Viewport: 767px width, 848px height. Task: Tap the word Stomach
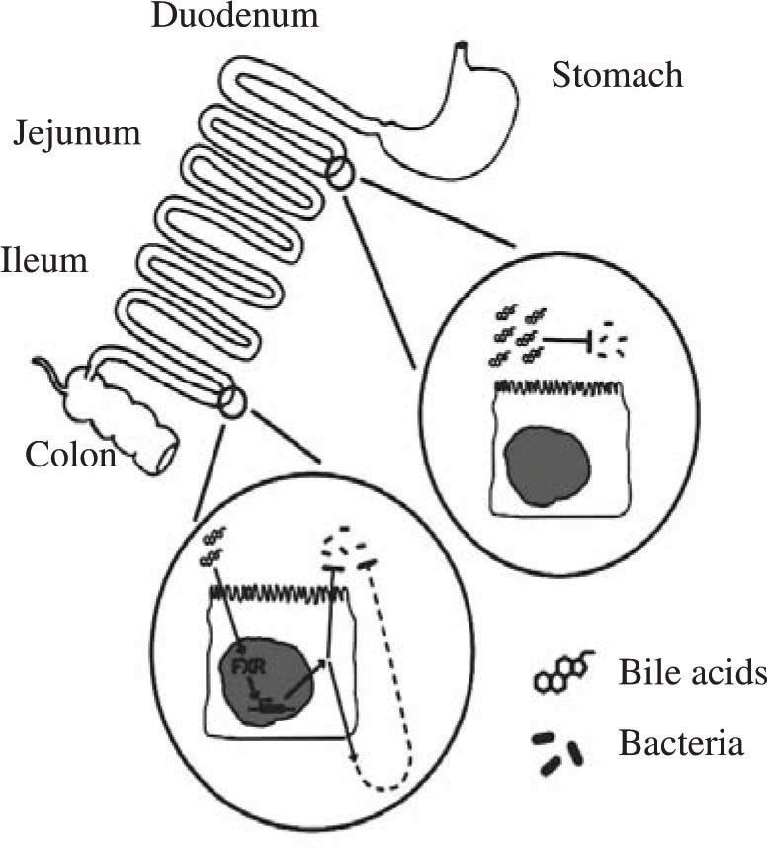click(x=617, y=74)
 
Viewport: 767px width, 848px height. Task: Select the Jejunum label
click(x=77, y=135)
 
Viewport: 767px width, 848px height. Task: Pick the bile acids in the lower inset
click(x=213, y=547)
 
